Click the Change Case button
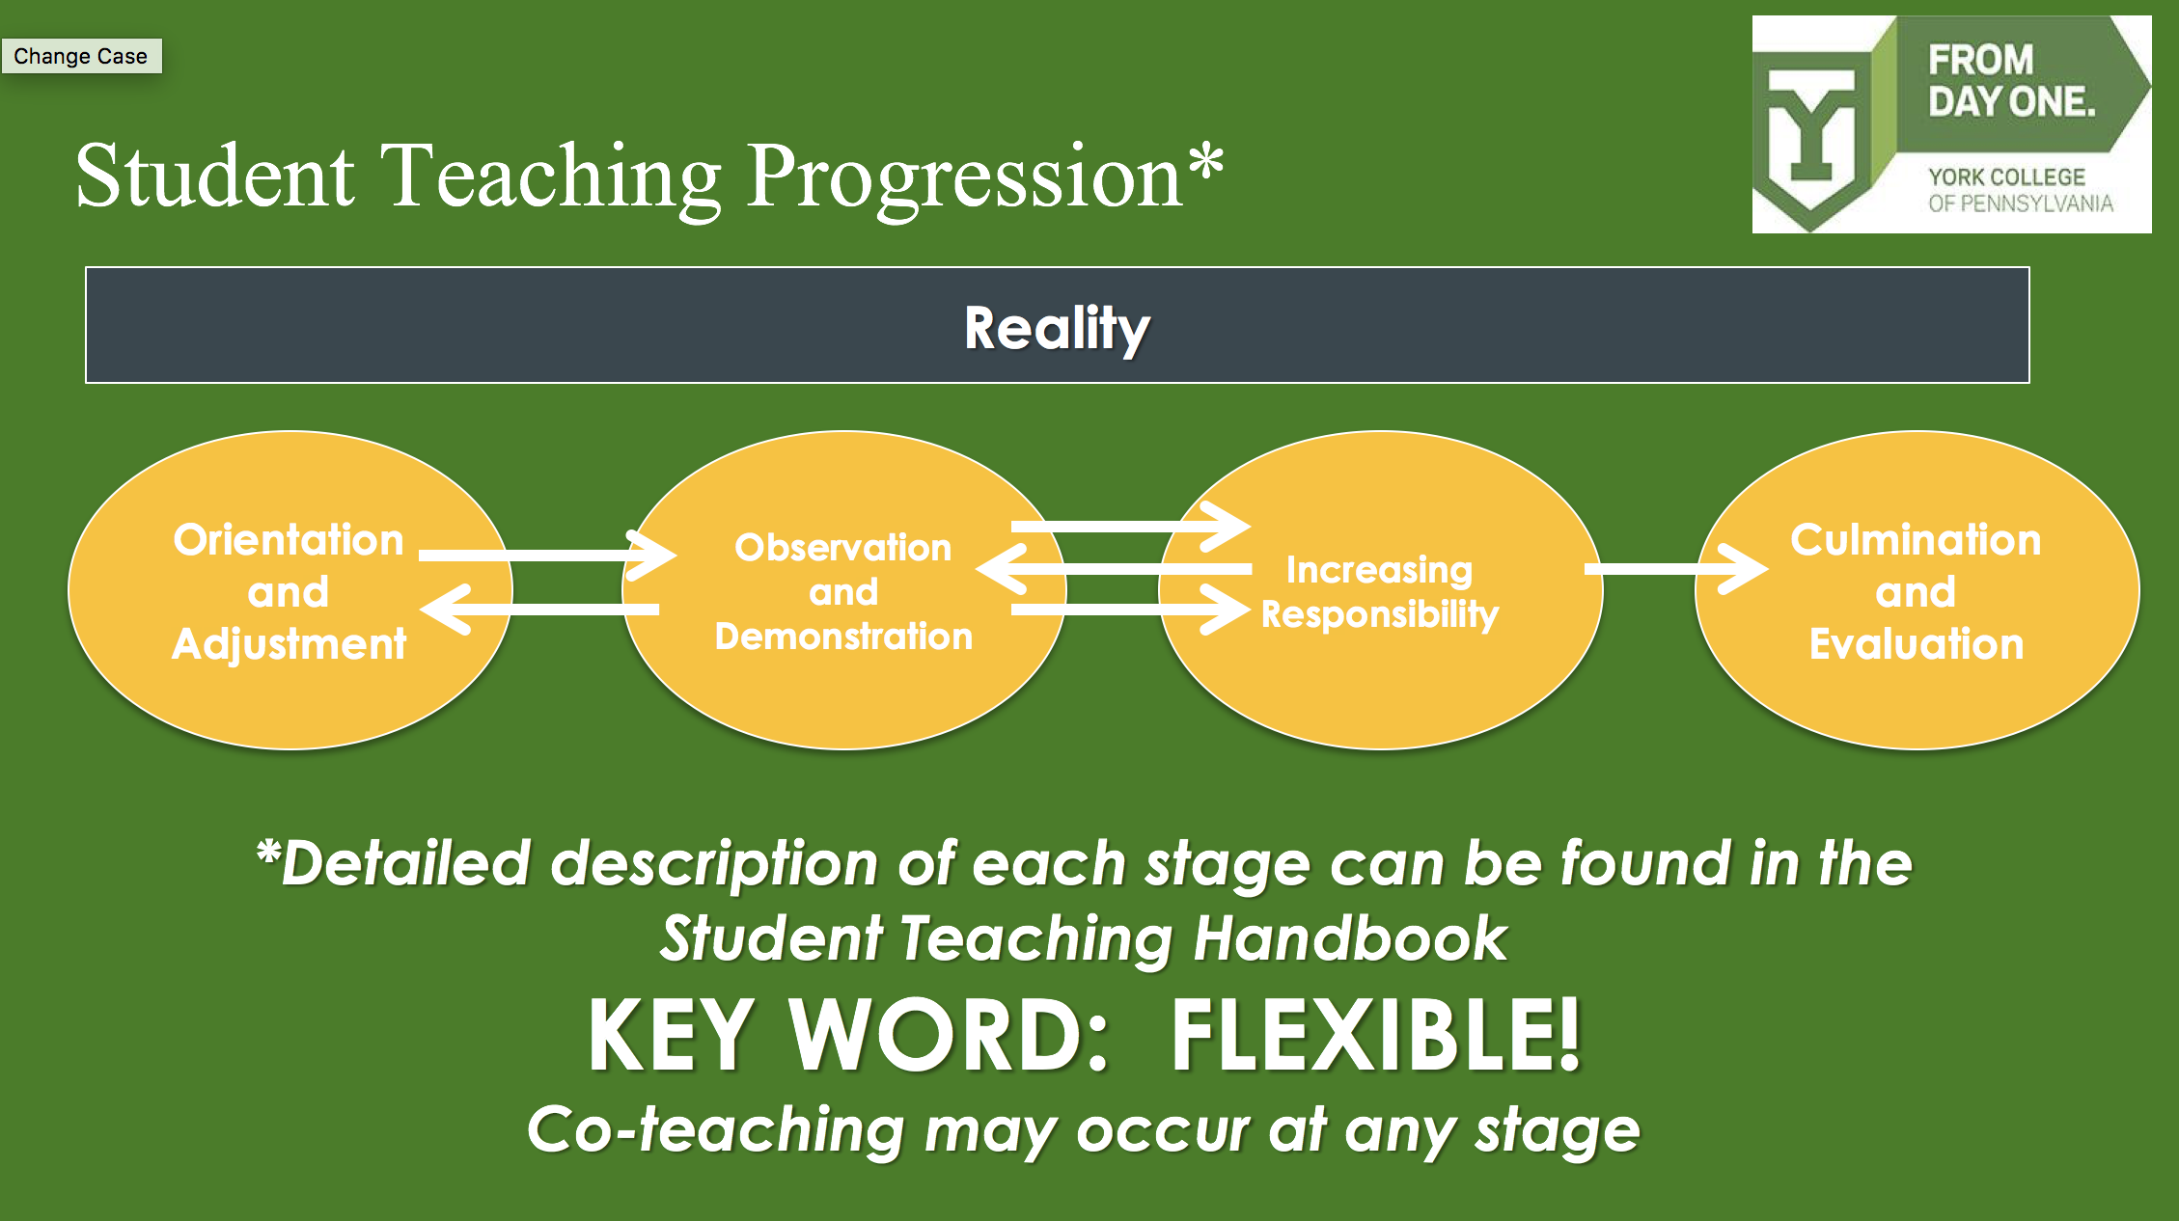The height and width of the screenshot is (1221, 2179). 81,56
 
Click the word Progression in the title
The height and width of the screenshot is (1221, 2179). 964,177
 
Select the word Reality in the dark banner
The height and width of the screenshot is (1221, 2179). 1057,328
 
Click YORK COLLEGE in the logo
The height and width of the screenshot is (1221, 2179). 2006,177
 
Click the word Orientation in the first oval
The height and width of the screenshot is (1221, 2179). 288,540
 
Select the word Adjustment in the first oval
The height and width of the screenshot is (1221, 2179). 289,644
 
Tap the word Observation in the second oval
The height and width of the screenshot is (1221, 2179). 842,548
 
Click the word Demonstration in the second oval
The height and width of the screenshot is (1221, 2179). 842,637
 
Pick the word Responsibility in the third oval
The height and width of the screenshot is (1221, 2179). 1379,614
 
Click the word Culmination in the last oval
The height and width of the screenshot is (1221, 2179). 1916,540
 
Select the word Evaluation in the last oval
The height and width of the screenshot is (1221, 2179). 1916,644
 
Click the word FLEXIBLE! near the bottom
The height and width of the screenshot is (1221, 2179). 1375,1036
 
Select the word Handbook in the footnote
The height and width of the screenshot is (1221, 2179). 1350,938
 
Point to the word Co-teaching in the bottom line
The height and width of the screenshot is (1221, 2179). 714,1130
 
